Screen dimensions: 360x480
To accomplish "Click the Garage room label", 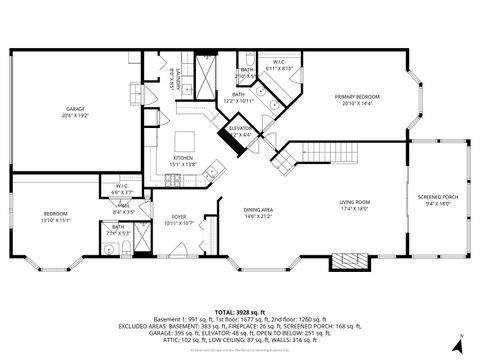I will pos(76,111).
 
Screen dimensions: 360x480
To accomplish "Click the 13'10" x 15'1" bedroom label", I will pos(55,217).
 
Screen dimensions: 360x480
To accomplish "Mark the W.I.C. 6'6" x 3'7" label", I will pos(121,188).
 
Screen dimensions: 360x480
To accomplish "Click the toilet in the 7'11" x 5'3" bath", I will pos(107,246).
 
